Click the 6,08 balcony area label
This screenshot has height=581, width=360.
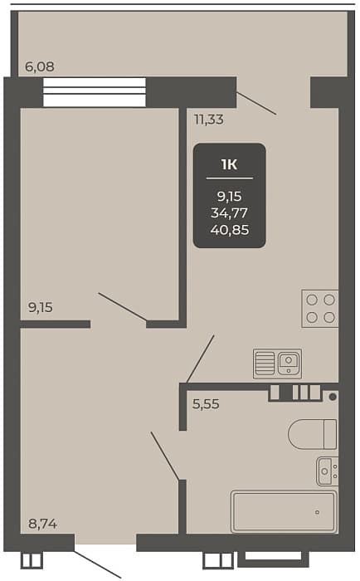(x=39, y=66)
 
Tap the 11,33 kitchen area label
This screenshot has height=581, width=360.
(x=209, y=120)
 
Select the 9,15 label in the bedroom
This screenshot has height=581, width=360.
(x=41, y=307)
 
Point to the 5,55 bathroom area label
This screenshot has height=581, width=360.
(x=206, y=404)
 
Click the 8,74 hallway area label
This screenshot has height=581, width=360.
(x=42, y=524)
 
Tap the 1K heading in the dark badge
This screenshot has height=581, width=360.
(x=229, y=164)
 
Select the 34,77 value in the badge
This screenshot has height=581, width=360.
(x=229, y=213)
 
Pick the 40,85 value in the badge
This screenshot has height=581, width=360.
(x=230, y=230)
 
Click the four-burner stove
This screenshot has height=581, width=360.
(x=320, y=308)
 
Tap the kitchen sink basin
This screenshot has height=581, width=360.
(x=289, y=363)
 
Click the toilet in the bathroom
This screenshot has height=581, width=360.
(x=313, y=434)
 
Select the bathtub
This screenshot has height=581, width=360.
(x=284, y=511)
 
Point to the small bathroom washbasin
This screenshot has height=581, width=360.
(x=327, y=471)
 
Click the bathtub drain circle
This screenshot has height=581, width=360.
(x=318, y=512)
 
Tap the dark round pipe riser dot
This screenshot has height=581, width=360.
(x=333, y=397)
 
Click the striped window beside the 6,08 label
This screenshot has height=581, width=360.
(x=94, y=92)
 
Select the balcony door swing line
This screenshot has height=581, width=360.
(x=256, y=103)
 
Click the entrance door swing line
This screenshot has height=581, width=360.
(x=97, y=564)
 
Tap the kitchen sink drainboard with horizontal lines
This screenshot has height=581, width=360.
(x=265, y=364)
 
